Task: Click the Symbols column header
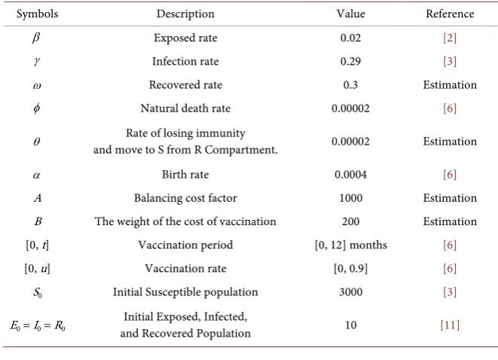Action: pos(37,14)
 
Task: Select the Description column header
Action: pos(185,14)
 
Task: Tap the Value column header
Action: pos(350,14)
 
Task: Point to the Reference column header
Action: pos(450,14)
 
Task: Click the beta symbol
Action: pos(36,38)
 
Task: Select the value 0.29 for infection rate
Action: pos(350,61)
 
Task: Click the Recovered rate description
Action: pos(185,85)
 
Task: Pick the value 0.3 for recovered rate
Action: pos(350,85)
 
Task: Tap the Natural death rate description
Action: pos(185,108)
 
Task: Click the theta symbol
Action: pos(37,142)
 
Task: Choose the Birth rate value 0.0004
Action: pos(350,174)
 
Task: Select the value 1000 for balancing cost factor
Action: pos(350,198)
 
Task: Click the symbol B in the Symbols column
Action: pos(38,221)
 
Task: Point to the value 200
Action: pos(350,221)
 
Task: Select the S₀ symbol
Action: pos(38,292)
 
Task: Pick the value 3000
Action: pos(350,291)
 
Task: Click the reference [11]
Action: pos(450,325)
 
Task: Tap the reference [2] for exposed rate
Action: pos(450,38)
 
